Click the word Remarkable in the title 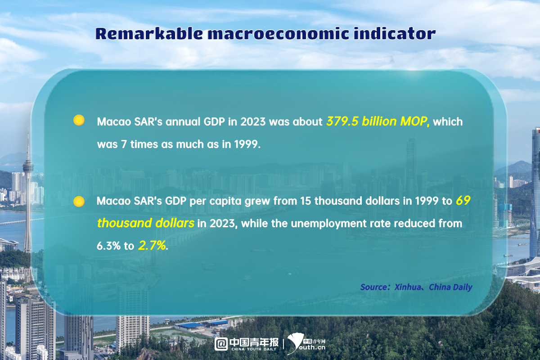149,33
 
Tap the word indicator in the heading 394,33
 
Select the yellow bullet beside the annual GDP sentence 79,120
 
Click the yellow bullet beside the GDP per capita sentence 79,201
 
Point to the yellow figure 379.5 342,121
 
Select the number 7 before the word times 124,144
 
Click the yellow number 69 463,201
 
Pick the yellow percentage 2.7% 152,246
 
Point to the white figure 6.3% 108,246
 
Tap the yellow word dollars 175,223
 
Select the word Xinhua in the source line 408,287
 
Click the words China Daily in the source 450,288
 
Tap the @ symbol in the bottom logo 221,344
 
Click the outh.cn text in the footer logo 312,347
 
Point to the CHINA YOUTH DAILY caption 254,349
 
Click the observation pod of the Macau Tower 28,167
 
